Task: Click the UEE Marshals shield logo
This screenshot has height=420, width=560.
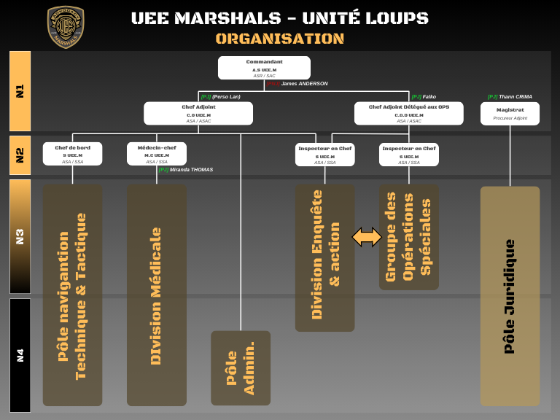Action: pos(66,27)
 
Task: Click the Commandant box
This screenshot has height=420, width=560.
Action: pos(264,68)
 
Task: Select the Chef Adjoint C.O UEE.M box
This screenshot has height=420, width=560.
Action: pos(198,113)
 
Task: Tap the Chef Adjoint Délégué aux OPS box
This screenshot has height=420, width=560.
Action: pos(408,113)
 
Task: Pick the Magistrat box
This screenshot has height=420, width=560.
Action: pos(510,113)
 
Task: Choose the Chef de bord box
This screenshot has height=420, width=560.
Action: pos(72,154)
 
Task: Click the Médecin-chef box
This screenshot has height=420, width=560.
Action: pos(157,154)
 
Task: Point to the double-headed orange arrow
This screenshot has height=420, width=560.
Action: pos(367,236)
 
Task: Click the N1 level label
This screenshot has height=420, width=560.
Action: pos(20,91)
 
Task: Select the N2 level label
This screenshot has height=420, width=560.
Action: pos(20,155)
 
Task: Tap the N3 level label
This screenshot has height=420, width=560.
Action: pos(20,236)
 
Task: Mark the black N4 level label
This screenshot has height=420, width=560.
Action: pos(20,355)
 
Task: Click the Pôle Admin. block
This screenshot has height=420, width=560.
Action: pos(241,368)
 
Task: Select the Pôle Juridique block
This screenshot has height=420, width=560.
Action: pos(510,296)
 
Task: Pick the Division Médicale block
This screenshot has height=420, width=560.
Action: pos(157,295)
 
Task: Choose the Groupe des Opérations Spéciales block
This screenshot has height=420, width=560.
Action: pos(408,236)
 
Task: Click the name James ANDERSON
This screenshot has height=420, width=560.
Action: pos(304,84)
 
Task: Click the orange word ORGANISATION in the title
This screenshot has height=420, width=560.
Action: pos(280,39)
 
